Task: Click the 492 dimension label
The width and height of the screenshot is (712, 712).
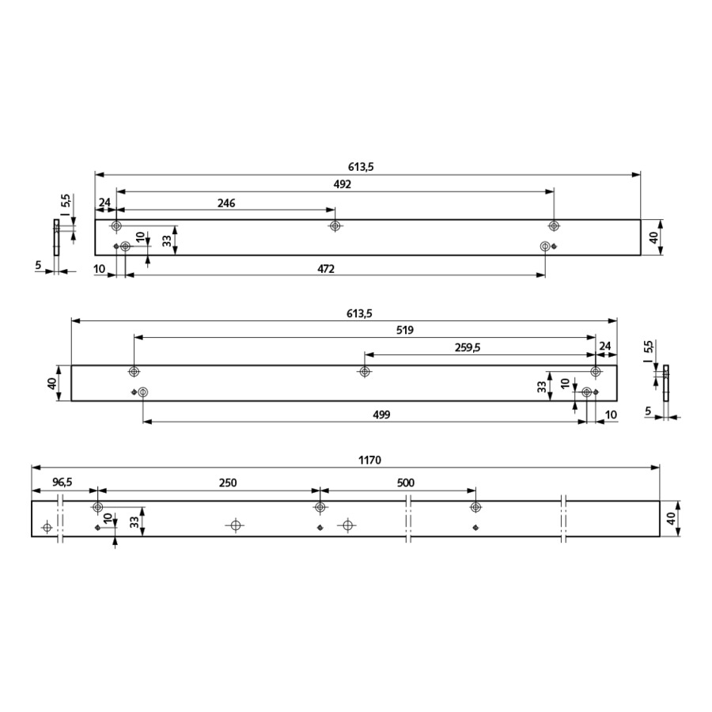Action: click(343, 184)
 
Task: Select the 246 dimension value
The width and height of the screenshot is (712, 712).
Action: click(226, 203)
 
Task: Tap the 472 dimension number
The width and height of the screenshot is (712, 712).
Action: click(326, 269)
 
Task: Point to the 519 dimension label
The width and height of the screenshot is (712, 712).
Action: click(404, 330)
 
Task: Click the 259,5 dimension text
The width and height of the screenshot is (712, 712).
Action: click(468, 348)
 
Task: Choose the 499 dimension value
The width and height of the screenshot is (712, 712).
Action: click(381, 415)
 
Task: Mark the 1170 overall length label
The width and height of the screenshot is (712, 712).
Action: click(369, 460)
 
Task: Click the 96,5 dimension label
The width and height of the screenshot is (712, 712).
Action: click(62, 483)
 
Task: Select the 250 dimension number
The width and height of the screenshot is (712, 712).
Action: click(228, 483)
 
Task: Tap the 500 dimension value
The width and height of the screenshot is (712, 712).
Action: click(406, 483)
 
